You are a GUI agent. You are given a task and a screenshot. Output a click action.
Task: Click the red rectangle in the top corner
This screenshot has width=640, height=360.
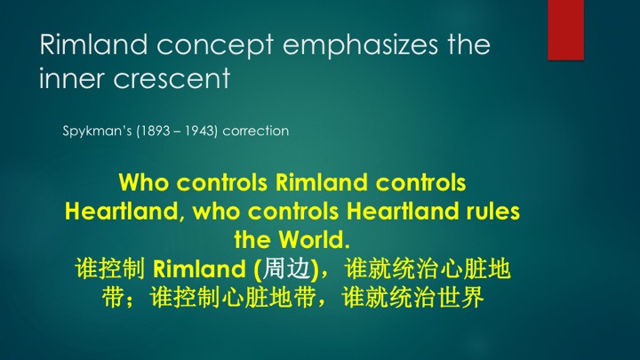[565, 30]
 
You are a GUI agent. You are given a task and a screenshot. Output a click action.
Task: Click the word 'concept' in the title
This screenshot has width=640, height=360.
[215, 45]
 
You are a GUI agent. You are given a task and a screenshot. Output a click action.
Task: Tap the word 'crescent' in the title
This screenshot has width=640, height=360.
[172, 79]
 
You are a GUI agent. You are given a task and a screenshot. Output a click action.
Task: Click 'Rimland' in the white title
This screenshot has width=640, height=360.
[93, 44]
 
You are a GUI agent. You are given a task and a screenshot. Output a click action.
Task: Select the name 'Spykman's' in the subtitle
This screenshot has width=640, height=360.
[97, 132]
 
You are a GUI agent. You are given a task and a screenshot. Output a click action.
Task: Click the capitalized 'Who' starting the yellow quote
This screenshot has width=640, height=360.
[144, 182]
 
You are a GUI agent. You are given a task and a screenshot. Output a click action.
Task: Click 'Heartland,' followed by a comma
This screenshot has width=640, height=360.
[122, 212]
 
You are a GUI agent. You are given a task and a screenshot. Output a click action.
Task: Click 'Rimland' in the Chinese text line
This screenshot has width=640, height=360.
[199, 269]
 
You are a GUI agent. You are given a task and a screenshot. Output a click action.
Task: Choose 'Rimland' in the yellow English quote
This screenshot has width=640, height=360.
[321, 182]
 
